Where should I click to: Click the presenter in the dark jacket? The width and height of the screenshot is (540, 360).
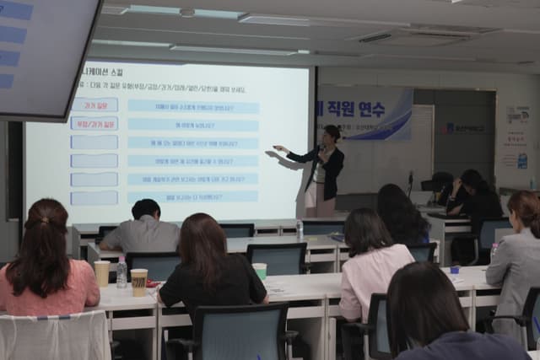[x=324, y=169]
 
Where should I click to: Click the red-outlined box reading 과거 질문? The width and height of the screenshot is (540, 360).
[x=94, y=105]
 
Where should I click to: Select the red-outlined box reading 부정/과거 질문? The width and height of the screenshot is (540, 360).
[x=94, y=123]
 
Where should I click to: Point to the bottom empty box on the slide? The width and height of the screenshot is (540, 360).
[x=94, y=197]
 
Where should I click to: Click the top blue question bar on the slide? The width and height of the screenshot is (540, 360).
[x=193, y=106]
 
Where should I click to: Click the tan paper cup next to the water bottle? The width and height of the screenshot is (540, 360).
[x=102, y=273]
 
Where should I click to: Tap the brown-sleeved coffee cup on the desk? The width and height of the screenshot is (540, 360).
[x=139, y=282]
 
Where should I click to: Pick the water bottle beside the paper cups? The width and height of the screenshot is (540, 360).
[x=121, y=272]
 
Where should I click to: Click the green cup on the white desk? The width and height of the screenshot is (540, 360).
[x=260, y=271]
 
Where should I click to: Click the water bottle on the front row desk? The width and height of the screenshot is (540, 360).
[x=300, y=228]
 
